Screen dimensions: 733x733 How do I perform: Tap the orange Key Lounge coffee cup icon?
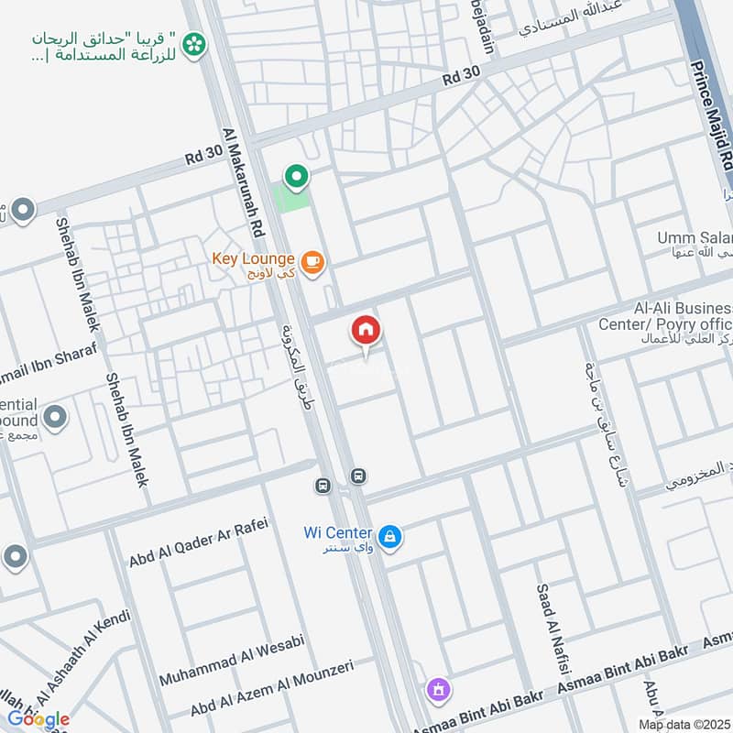pyautogui.click(x=312, y=262)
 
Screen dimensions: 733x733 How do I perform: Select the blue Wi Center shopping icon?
pyautogui.click(x=389, y=538)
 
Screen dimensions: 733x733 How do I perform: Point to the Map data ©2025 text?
pyautogui.click(x=684, y=724)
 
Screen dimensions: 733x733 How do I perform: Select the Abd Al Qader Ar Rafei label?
pyautogui.click(x=197, y=542)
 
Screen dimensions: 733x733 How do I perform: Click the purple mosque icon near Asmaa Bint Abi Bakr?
pyautogui.click(x=438, y=688)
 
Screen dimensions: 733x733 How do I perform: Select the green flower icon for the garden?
pyautogui.click(x=193, y=44)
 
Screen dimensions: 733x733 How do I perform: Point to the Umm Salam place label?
pyautogui.click(x=695, y=238)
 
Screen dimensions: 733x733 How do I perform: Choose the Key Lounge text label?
pyautogui.click(x=252, y=258)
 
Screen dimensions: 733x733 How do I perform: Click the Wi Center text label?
pyautogui.click(x=338, y=533)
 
